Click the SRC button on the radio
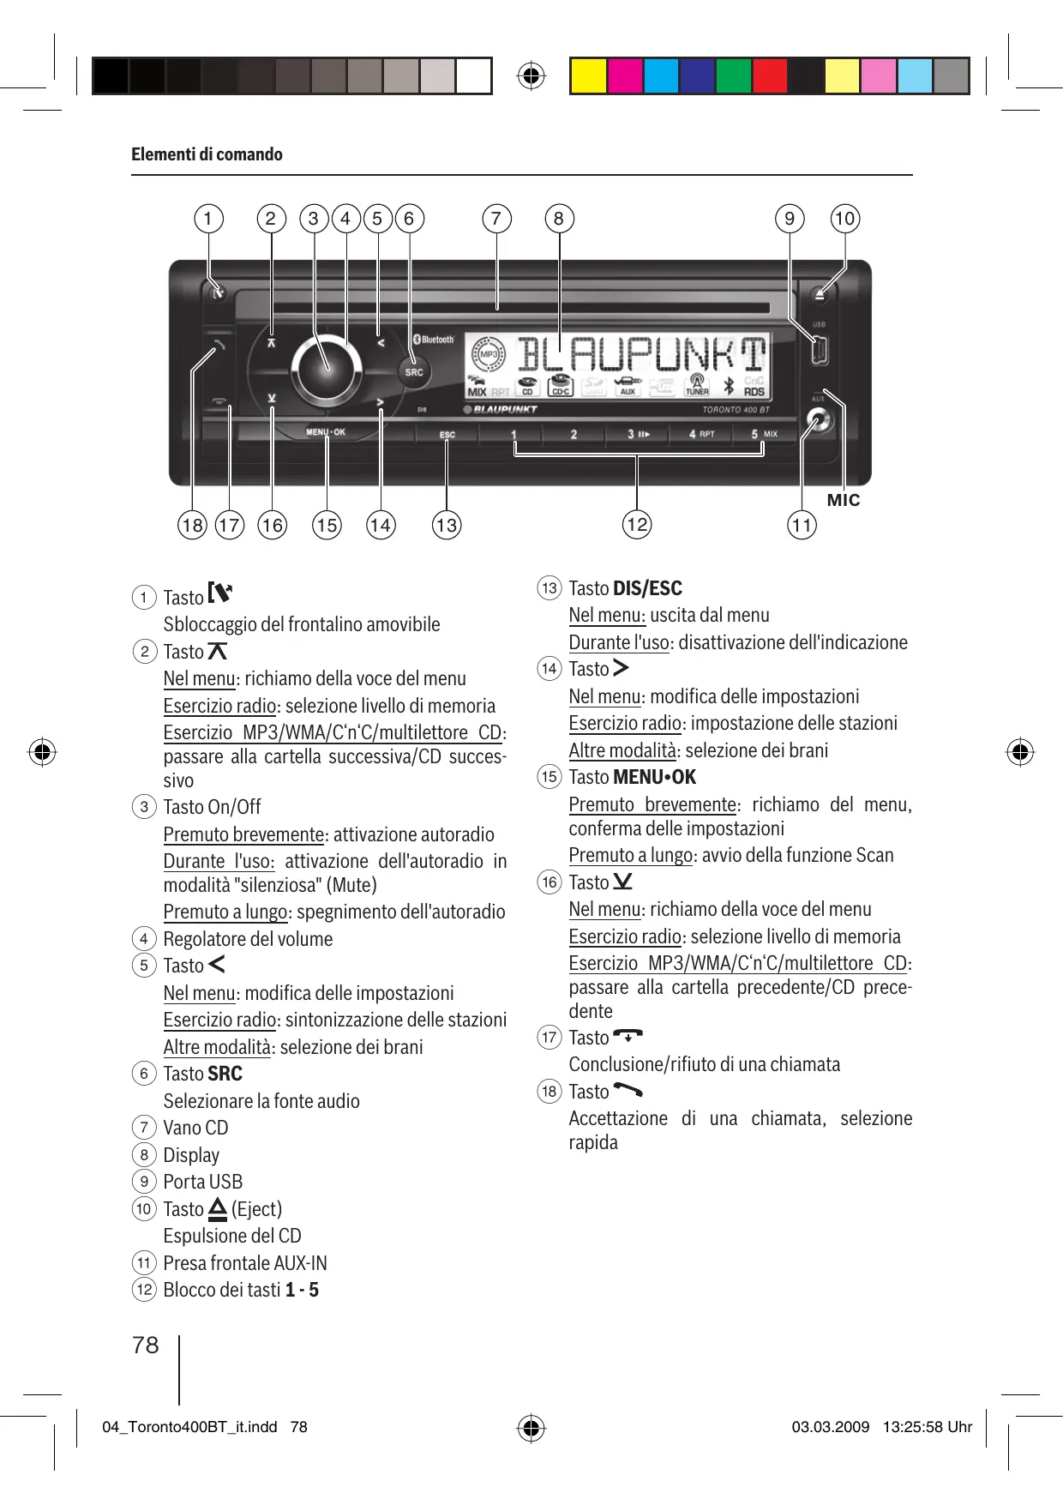click(x=414, y=371)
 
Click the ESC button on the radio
click(x=447, y=435)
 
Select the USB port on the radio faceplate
click(x=819, y=350)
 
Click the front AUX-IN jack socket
click(x=819, y=422)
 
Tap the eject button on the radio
click(x=820, y=294)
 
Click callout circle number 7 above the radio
click(x=496, y=219)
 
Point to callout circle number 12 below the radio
click(x=637, y=525)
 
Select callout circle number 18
click(x=193, y=525)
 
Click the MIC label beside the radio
click(x=843, y=500)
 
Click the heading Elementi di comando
click(x=207, y=154)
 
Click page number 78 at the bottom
click(x=146, y=1345)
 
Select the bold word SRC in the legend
click(x=225, y=1074)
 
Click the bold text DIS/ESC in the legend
click(x=647, y=588)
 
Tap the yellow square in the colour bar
click(x=588, y=75)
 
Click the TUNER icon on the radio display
click(x=697, y=385)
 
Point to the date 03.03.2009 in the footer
click(x=830, y=1427)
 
